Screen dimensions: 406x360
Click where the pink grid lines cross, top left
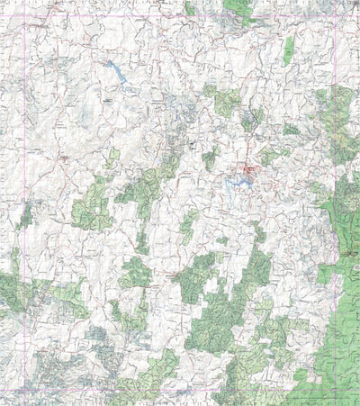[x=27, y=23]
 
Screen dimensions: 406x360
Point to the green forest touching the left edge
[x=9, y=293]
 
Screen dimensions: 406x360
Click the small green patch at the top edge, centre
[x=190, y=7]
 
